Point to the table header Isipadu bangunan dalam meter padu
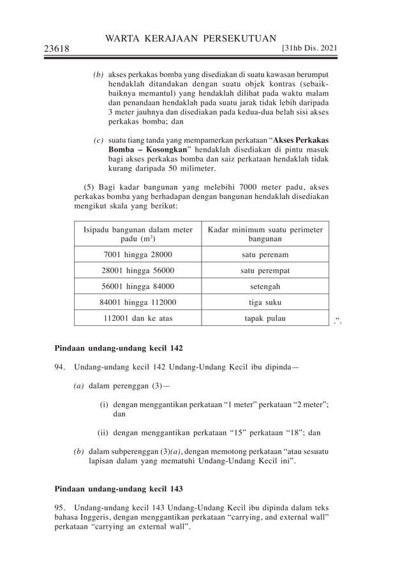point(138,234)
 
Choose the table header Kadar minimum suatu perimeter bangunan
point(265,234)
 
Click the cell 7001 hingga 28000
point(138,255)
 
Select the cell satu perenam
point(265,255)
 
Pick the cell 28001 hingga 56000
point(138,270)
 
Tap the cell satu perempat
point(265,270)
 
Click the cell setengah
point(265,286)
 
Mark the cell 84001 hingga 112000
point(138,302)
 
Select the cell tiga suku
point(265,302)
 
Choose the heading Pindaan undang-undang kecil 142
point(118,349)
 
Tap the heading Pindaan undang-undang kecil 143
point(118,489)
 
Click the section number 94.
point(60,367)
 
